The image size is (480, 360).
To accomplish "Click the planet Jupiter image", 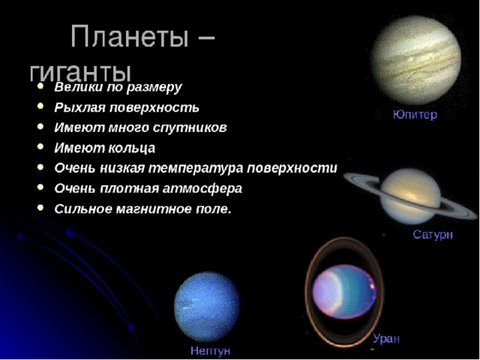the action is tap(417, 60).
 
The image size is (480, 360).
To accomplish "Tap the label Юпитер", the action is tap(415, 115).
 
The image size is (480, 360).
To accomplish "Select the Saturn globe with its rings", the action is tap(410, 196).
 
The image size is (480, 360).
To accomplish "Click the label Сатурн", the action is tap(433, 235).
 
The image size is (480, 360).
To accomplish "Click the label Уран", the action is tap(386, 339).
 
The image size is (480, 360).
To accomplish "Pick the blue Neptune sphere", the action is tap(207, 307).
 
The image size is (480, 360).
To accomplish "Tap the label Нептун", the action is tap(210, 351).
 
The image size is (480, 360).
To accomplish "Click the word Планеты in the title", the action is tap(129, 37).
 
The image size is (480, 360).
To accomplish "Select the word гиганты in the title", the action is tap(80, 72).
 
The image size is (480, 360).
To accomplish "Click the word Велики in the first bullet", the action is tap(79, 87).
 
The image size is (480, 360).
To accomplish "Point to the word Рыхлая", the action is tap(80, 108).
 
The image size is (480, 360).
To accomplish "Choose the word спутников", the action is tap(190, 128).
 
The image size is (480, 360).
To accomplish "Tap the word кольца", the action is tap(131, 148).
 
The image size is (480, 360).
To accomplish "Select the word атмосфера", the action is tap(202, 188).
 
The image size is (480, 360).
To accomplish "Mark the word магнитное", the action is tap(157, 209).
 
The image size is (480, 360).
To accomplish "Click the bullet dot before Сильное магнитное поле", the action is tap(40, 208).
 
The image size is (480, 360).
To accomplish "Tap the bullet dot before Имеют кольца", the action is tap(40, 147).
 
